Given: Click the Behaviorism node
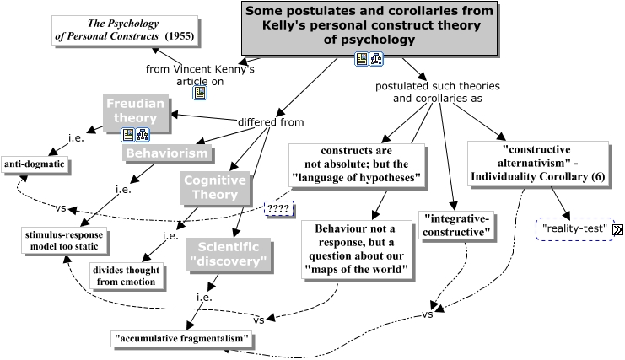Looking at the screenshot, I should [x=166, y=153].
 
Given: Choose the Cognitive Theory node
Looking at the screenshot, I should [x=214, y=187].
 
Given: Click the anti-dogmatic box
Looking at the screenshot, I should [x=34, y=163].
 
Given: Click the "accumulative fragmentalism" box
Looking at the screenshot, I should [x=182, y=339].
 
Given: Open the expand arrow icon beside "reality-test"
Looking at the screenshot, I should [x=617, y=229].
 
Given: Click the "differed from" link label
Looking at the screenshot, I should [x=270, y=122].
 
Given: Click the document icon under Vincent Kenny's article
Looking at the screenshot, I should [x=200, y=93].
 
